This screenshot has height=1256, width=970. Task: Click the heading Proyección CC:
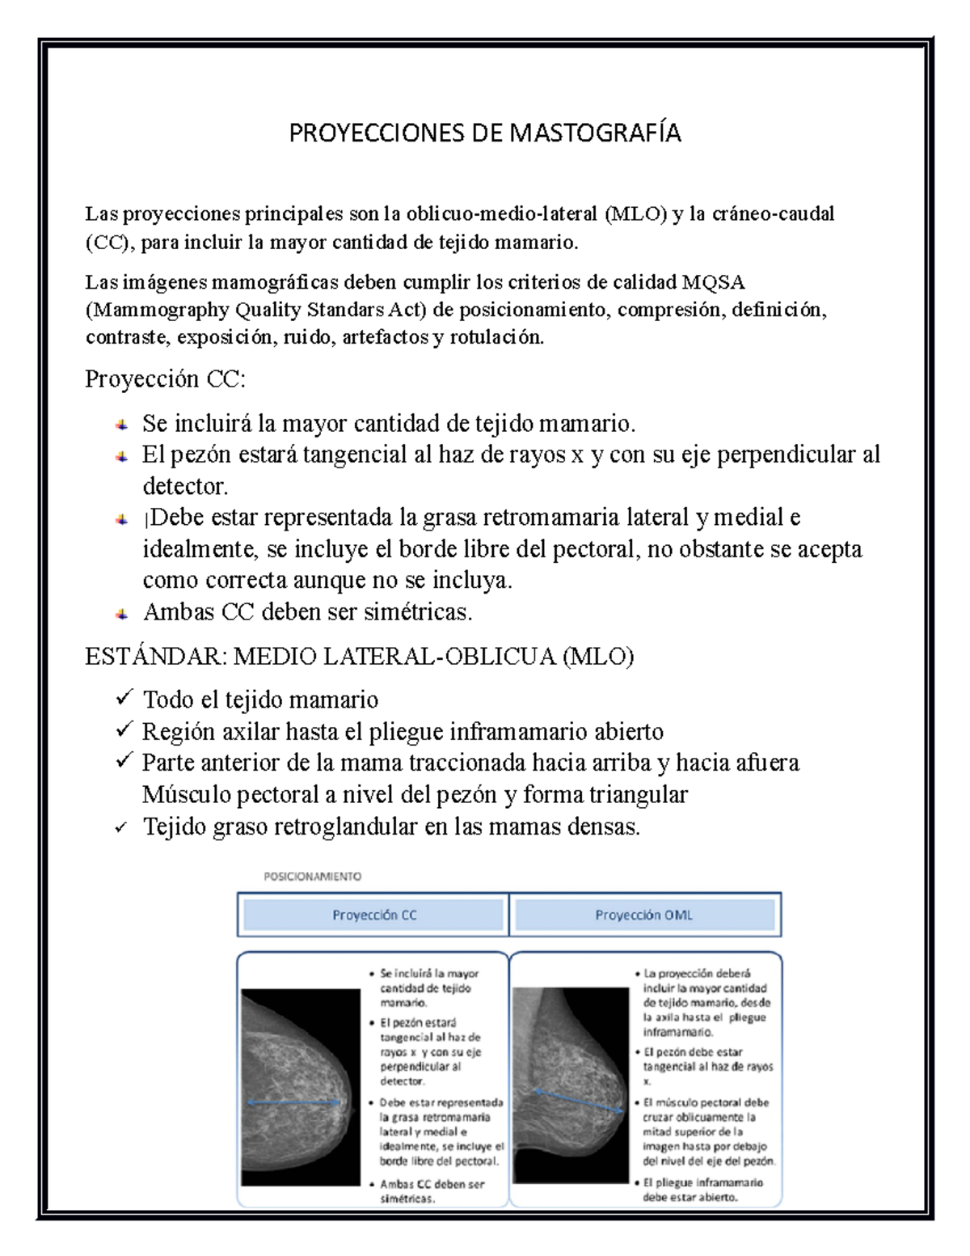(165, 379)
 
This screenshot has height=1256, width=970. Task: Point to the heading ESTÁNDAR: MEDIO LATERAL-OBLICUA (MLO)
(359, 657)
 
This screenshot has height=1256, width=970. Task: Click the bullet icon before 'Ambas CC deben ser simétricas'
(120, 614)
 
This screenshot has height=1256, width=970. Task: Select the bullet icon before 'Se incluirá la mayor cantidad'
(120, 424)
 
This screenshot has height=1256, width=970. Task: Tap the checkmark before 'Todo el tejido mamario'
(124, 697)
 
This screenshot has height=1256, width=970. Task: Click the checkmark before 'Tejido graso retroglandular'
(121, 827)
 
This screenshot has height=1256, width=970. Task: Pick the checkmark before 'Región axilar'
(124, 729)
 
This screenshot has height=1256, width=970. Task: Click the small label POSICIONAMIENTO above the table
(313, 876)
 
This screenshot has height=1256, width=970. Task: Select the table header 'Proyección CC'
(374, 916)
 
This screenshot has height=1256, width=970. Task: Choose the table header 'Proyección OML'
(644, 916)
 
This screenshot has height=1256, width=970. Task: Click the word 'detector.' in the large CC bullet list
(185, 487)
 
